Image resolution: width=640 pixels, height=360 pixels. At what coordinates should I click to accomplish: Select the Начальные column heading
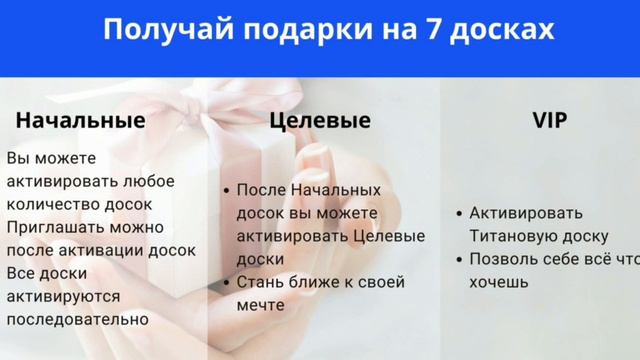[x=81, y=120]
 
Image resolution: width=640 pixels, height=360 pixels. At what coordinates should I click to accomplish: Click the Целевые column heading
[x=320, y=120]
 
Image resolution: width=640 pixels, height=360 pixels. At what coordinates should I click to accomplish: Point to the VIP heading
[x=549, y=120]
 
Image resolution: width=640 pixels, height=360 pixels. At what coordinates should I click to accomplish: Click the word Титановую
[x=513, y=236]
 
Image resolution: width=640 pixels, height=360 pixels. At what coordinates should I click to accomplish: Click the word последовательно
[x=77, y=319]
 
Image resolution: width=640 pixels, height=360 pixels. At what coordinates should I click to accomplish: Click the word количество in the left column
[x=50, y=204]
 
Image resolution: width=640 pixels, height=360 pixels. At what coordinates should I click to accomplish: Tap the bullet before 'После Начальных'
[x=227, y=190]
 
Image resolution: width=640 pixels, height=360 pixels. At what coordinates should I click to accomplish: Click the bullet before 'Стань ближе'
[x=227, y=282]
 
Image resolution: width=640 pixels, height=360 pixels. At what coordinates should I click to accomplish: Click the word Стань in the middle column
[x=261, y=281]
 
